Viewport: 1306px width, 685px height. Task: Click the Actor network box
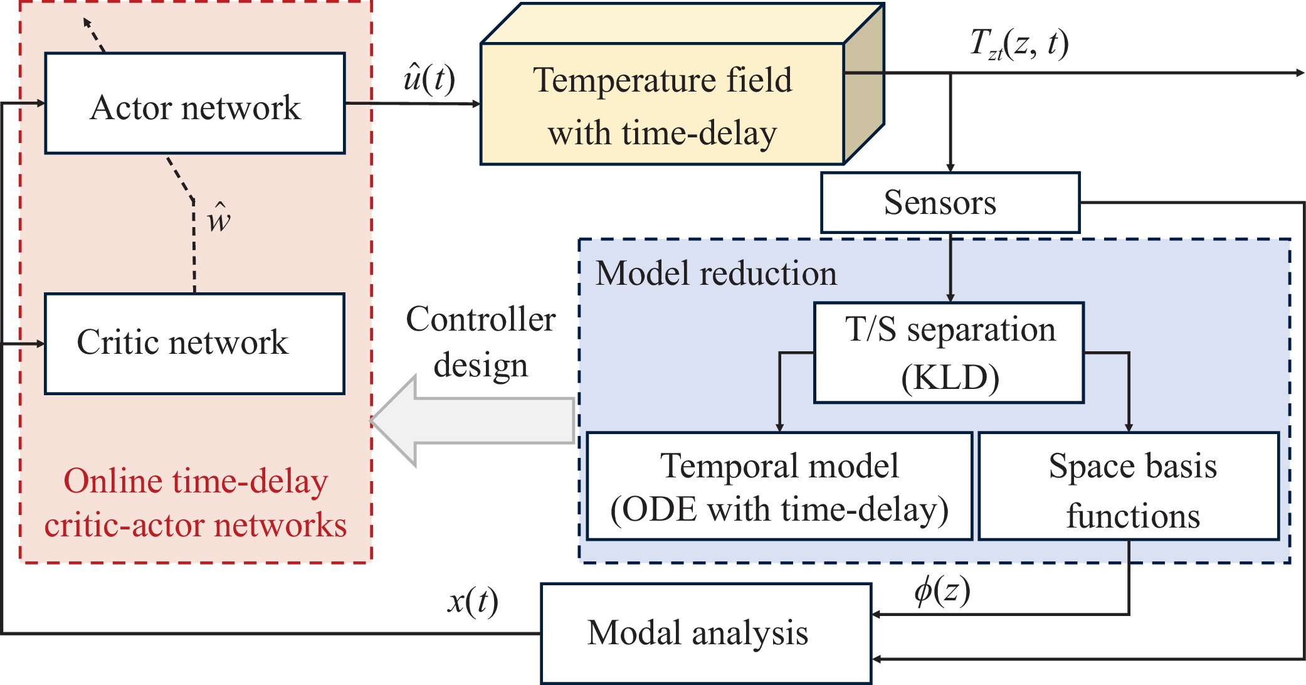pyautogui.click(x=195, y=104)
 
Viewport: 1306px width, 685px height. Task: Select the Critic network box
pyautogui.click(x=195, y=343)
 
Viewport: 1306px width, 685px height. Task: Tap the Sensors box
pyautogui.click(x=950, y=203)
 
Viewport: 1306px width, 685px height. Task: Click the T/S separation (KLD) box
pyautogui.click(x=949, y=353)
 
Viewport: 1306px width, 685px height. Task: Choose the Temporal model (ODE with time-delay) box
pyautogui.click(x=779, y=486)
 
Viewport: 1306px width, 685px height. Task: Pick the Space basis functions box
pyautogui.click(x=1129, y=486)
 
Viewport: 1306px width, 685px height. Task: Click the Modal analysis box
pyautogui.click(x=706, y=633)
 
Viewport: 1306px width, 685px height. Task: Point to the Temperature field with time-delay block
pyautogui.click(x=662, y=105)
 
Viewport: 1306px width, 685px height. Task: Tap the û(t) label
pyautogui.click(x=429, y=78)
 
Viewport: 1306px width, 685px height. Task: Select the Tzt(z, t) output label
pyautogui.click(x=1019, y=44)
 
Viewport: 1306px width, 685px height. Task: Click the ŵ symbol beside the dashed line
pyautogui.click(x=219, y=218)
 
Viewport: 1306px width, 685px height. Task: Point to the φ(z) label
pyautogui.click(x=942, y=590)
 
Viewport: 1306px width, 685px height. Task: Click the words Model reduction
pyautogui.click(x=716, y=273)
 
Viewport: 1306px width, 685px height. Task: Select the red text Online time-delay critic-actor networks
pyautogui.click(x=195, y=502)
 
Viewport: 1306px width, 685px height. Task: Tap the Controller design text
pyautogui.click(x=481, y=342)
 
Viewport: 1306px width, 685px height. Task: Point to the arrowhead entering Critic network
pyautogui.click(x=41, y=344)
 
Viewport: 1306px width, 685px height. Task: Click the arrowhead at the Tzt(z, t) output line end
pyautogui.click(x=1300, y=73)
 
